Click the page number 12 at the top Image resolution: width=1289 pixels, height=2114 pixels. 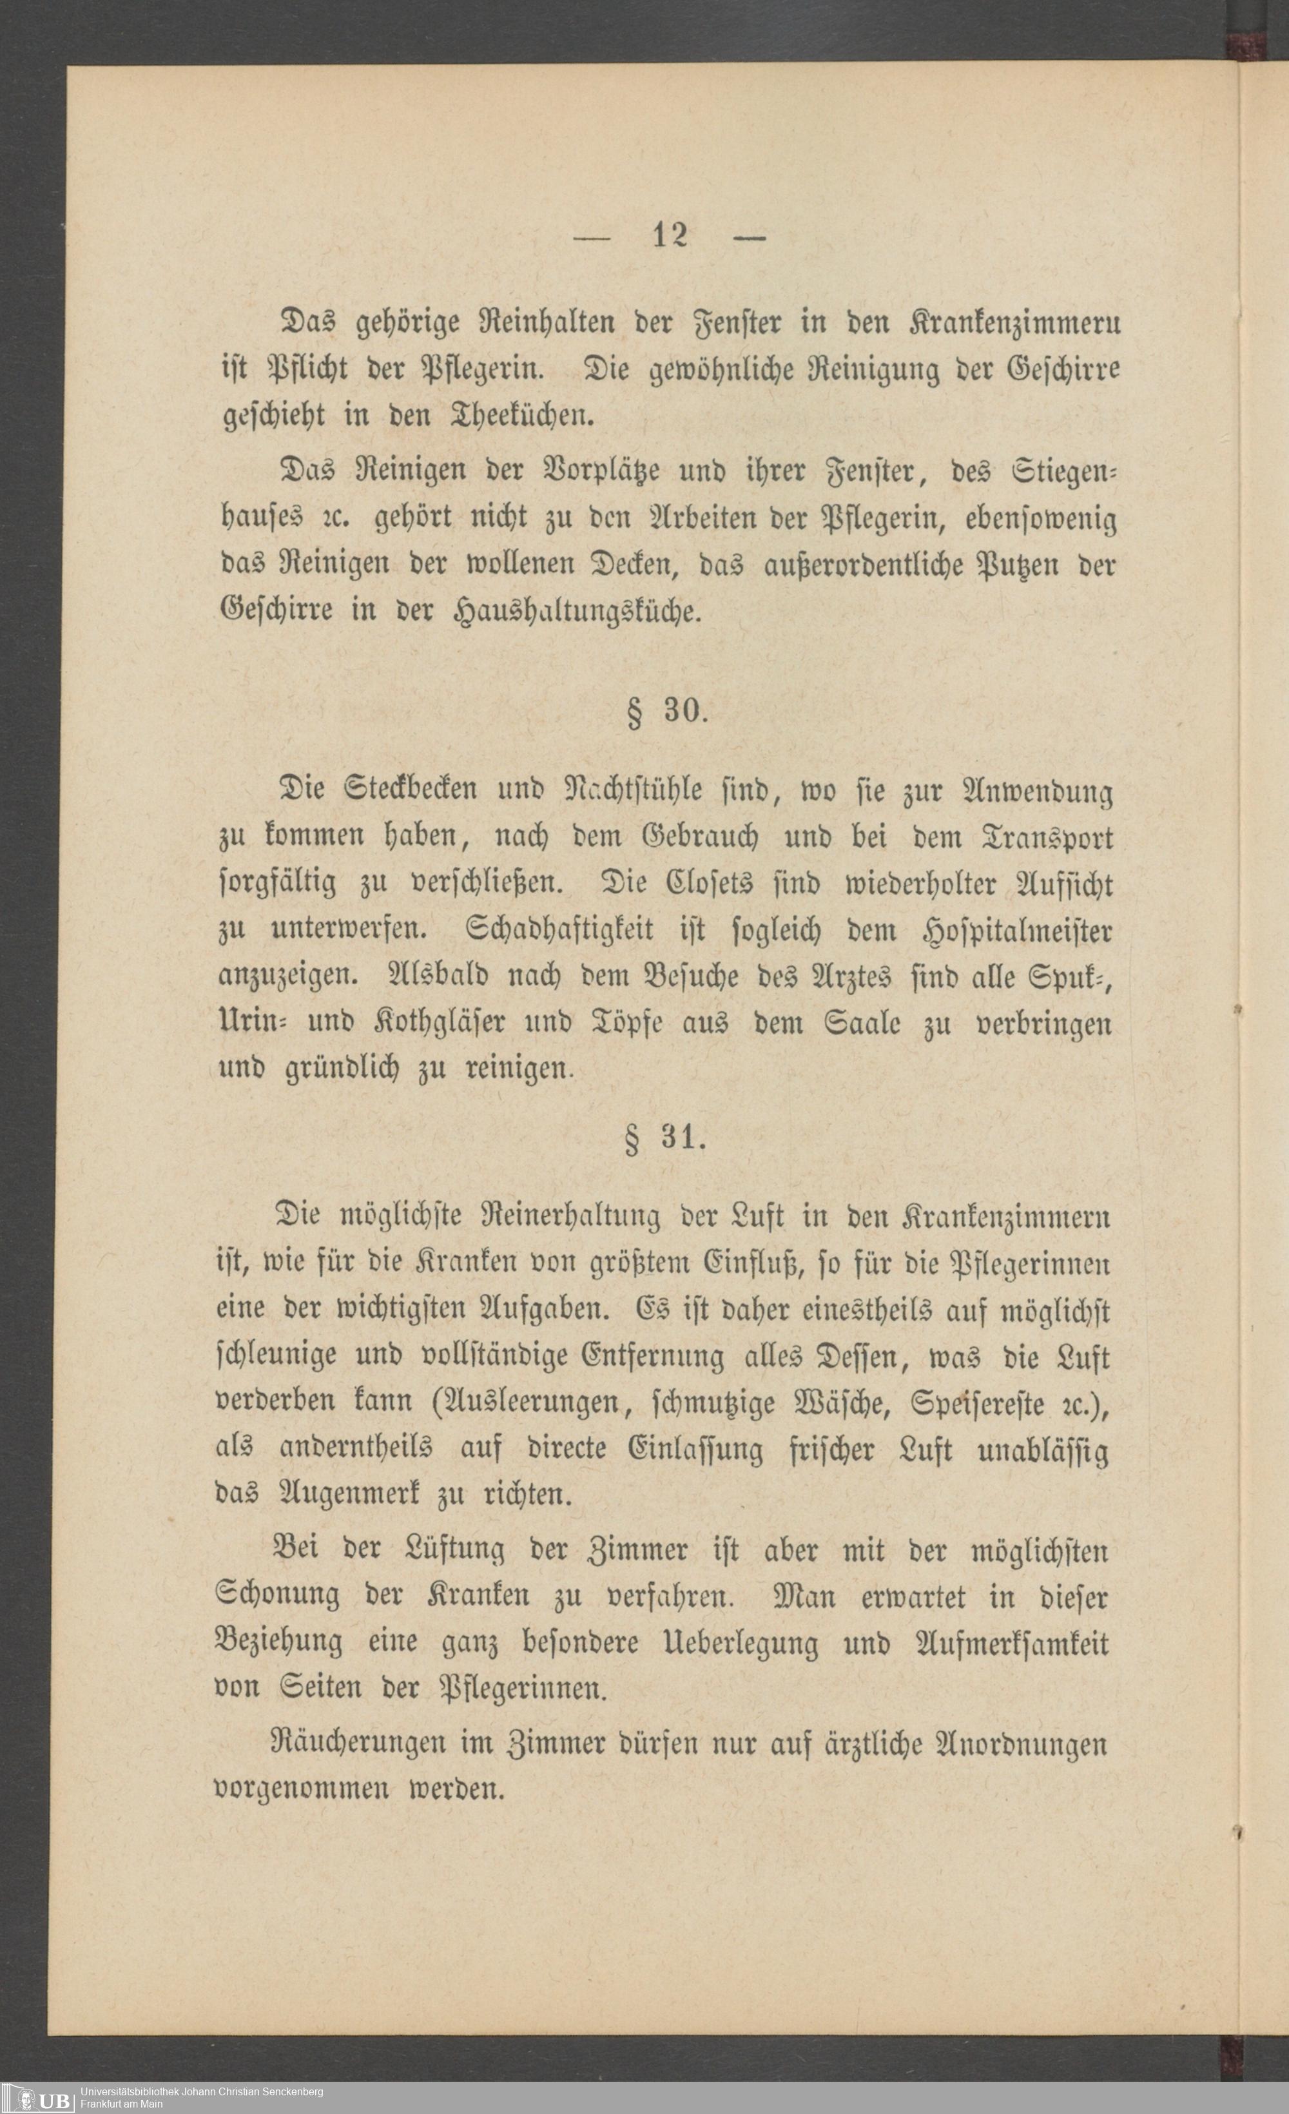point(670,236)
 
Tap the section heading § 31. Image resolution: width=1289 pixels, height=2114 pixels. point(667,1140)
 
